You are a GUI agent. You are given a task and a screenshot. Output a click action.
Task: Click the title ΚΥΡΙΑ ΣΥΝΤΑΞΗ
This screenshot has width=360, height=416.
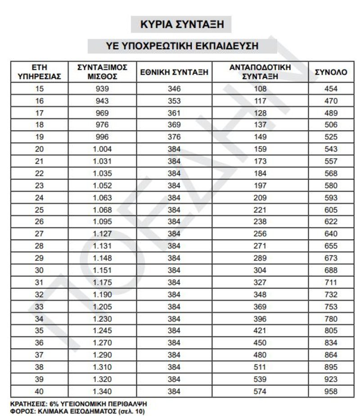pos(181,24)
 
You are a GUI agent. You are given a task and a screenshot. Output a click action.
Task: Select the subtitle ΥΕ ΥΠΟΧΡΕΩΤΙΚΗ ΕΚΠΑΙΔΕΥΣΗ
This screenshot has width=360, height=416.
pos(181,46)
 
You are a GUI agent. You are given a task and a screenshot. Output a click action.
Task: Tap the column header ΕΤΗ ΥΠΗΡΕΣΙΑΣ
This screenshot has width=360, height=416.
pos(39,72)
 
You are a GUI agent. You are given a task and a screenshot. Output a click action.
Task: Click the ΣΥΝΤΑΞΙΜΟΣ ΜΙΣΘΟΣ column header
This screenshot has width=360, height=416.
pos(102,72)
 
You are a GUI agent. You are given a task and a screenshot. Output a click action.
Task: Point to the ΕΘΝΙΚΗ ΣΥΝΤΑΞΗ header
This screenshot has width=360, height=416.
pos(174,72)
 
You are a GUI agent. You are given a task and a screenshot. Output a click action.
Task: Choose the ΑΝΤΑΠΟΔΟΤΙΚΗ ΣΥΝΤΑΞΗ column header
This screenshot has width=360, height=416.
pos(260,72)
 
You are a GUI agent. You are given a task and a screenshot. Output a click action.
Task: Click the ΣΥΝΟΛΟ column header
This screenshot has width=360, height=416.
pos(331,72)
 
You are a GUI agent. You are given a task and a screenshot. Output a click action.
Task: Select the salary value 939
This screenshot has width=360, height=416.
pos(102,89)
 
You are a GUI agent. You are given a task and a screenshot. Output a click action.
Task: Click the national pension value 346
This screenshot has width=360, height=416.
pos(174,89)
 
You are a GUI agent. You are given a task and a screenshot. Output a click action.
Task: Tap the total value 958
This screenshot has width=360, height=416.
pos(331,391)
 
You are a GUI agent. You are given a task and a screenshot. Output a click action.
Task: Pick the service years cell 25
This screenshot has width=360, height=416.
pos(39,210)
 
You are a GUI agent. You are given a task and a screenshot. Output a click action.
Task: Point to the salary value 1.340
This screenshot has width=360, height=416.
pos(102,391)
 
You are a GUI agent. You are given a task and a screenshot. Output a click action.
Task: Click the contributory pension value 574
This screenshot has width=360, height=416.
pos(260,391)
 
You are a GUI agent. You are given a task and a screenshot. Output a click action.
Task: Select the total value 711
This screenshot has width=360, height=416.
pos(331,282)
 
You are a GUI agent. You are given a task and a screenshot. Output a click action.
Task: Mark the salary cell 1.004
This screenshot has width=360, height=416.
pos(102,149)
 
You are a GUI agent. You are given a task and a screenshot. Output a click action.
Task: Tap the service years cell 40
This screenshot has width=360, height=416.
pos(39,391)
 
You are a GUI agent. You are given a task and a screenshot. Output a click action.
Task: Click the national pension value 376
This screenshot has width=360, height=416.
pos(174,137)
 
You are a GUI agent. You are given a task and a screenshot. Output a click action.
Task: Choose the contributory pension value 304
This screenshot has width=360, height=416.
pos(260,270)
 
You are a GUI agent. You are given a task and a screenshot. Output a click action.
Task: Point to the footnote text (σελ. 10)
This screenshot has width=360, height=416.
pos(131,410)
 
